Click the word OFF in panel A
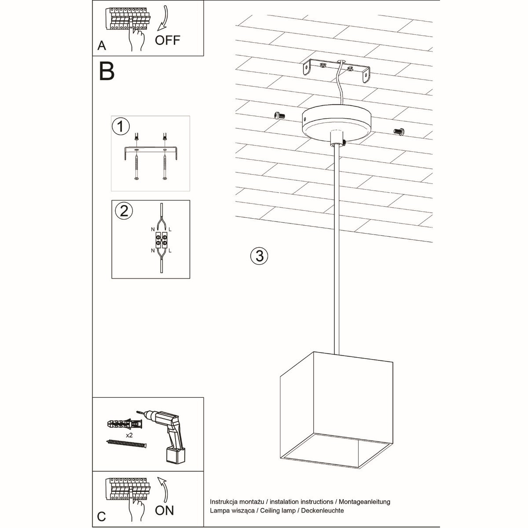[168, 40]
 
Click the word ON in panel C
[165, 510]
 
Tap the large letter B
[106, 71]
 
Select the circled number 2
[124, 211]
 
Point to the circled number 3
[259, 255]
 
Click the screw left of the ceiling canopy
[278, 115]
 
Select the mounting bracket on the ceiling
[337, 70]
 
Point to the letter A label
[102, 46]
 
